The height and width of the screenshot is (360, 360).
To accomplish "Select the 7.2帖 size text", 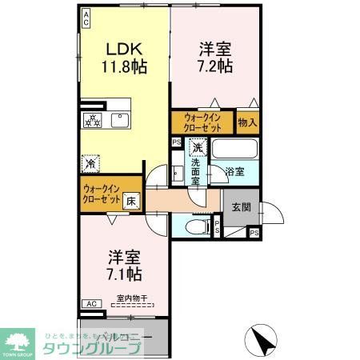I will click(215, 66).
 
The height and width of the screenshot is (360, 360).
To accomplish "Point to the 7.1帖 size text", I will click(125, 274).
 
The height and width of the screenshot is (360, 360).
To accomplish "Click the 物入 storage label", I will click(248, 123).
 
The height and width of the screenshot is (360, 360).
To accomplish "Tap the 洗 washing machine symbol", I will click(197, 147).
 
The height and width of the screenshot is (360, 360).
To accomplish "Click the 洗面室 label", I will click(196, 171).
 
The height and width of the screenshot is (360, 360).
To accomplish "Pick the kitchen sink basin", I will click(120, 122).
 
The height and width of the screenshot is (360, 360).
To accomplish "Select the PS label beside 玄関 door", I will click(254, 233).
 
